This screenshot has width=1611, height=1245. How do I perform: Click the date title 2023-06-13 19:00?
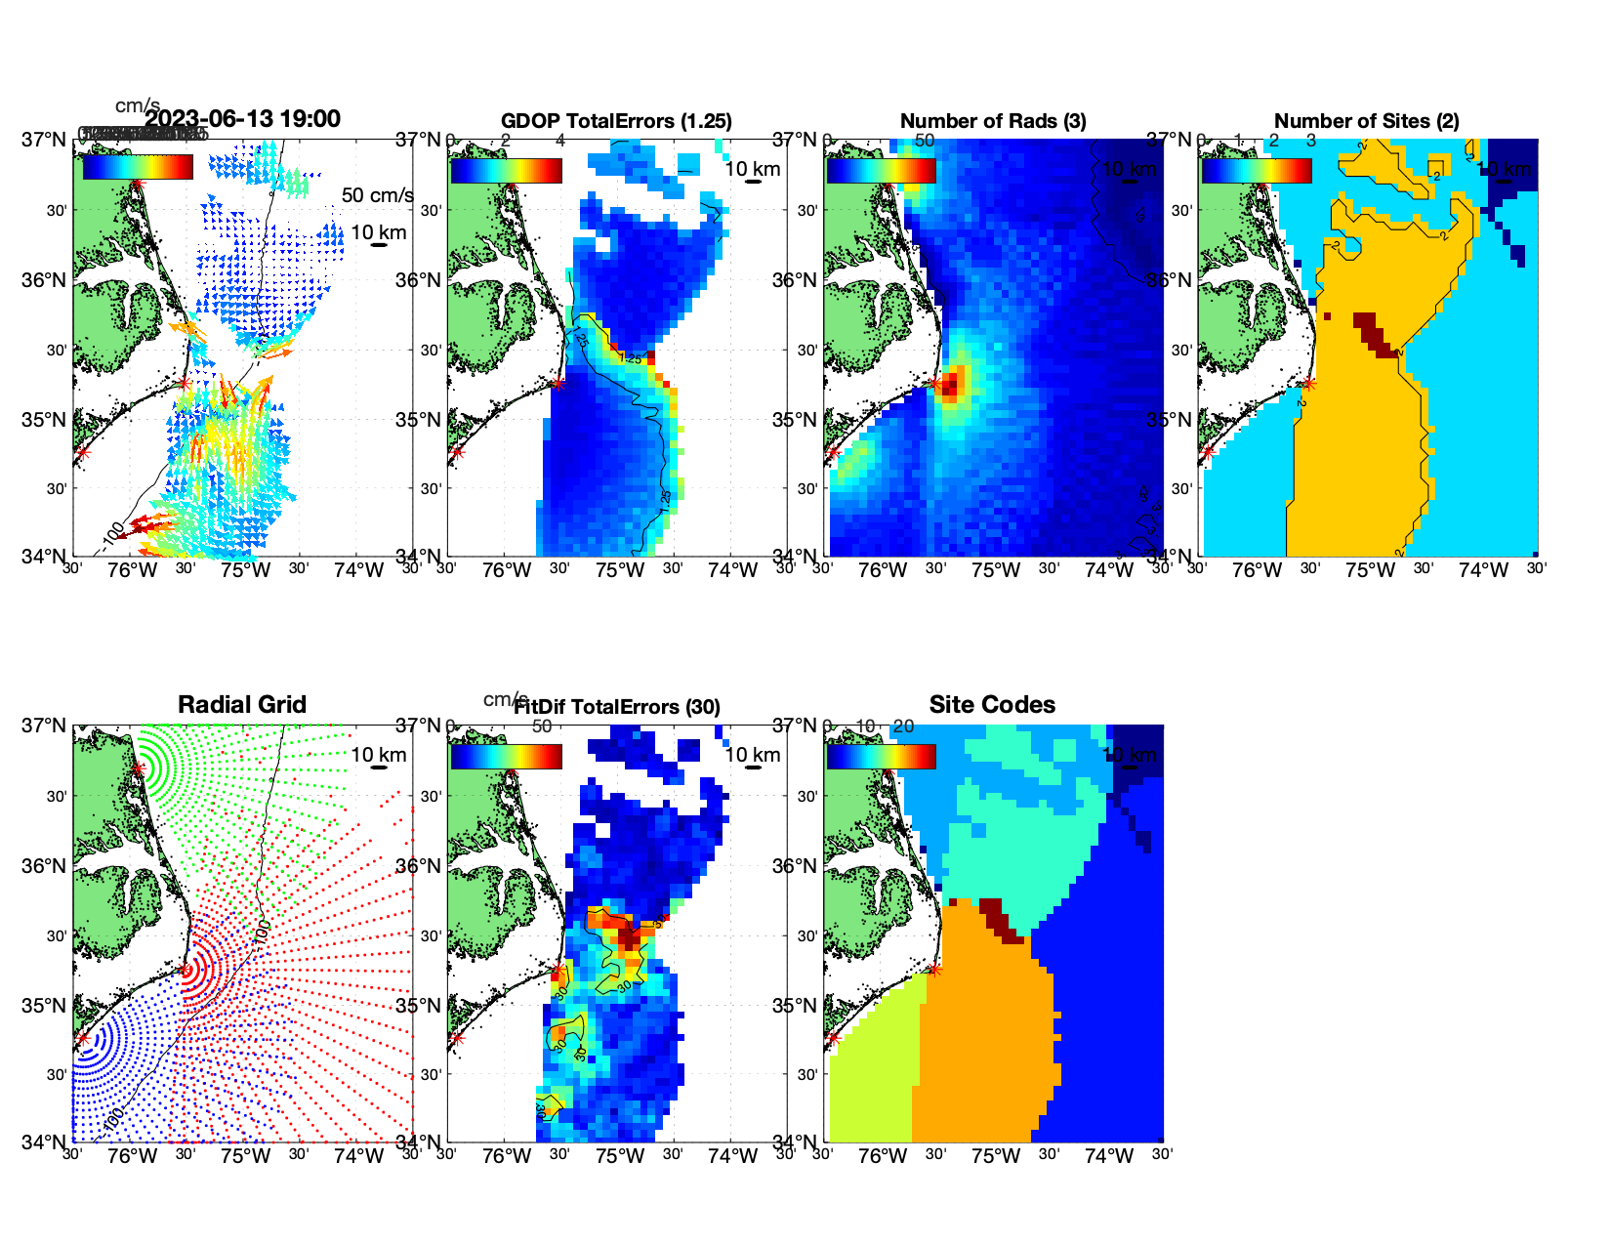pyautogui.click(x=242, y=119)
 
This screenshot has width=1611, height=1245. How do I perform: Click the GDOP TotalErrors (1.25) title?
pyautogui.click(x=616, y=121)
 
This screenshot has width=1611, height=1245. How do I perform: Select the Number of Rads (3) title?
pyautogui.click(x=992, y=121)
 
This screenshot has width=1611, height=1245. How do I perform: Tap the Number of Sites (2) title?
pyautogui.click(x=1366, y=121)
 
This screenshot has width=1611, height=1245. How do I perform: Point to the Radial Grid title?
pyautogui.click(x=242, y=705)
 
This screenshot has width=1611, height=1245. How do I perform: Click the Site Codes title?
pyautogui.click(x=992, y=705)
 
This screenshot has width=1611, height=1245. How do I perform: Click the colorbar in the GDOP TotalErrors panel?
pyautogui.click(x=506, y=170)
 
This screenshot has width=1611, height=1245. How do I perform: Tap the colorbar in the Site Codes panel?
pyautogui.click(x=881, y=756)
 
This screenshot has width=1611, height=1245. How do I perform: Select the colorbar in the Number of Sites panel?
pyautogui.click(x=1256, y=170)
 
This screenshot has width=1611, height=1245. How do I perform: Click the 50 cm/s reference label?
pyautogui.click(x=377, y=195)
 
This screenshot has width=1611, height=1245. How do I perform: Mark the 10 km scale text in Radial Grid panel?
pyautogui.click(x=378, y=755)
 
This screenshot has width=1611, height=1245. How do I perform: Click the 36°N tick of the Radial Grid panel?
pyautogui.click(x=43, y=866)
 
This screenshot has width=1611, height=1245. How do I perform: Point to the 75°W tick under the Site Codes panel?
pyautogui.click(x=995, y=1157)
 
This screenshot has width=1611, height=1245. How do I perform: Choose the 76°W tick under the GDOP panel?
pyautogui.click(x=507, y=571)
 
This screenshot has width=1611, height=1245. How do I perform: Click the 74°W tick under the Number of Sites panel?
pyautogui.click(x=1483, y=571)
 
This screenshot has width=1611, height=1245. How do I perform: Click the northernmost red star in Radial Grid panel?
pyautogui.click(x=139, y=768)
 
